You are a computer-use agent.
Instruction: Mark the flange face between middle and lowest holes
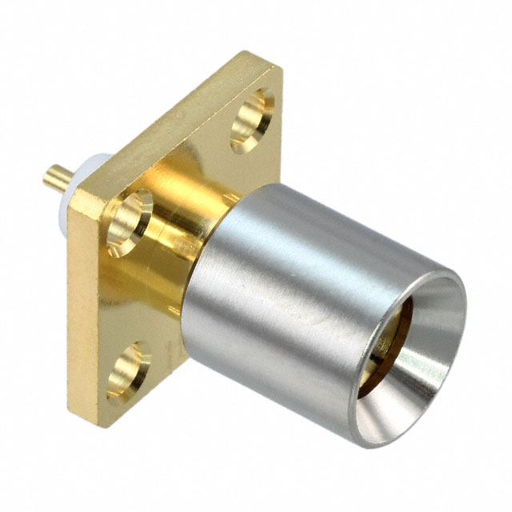tap(132, 296)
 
